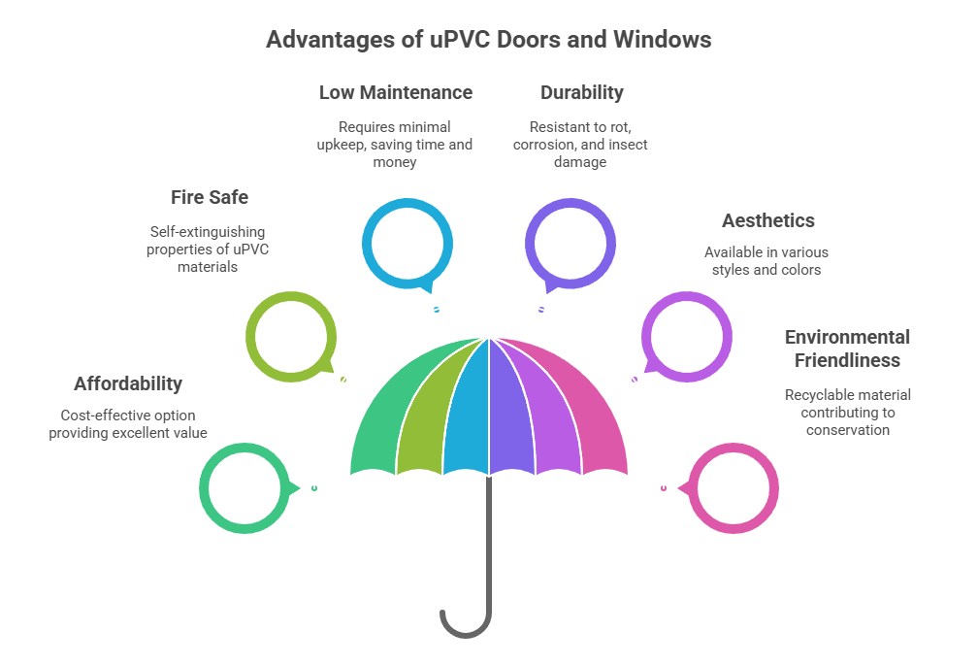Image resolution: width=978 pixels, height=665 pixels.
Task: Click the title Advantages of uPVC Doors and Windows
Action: [489, 40]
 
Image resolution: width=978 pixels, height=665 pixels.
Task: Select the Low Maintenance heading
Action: [395, 93]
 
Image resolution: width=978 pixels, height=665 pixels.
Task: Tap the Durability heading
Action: [581, 93]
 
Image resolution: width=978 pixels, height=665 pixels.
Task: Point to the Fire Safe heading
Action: [210, 197]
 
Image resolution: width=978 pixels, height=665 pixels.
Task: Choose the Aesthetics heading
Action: [767, 220]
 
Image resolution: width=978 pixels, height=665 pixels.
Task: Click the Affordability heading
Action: [127, 383]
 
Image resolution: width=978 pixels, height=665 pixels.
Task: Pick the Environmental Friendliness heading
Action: [847, 349]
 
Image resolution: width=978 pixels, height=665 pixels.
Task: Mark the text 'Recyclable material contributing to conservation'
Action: [847, 412]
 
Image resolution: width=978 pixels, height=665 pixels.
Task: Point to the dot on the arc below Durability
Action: [541, 310]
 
